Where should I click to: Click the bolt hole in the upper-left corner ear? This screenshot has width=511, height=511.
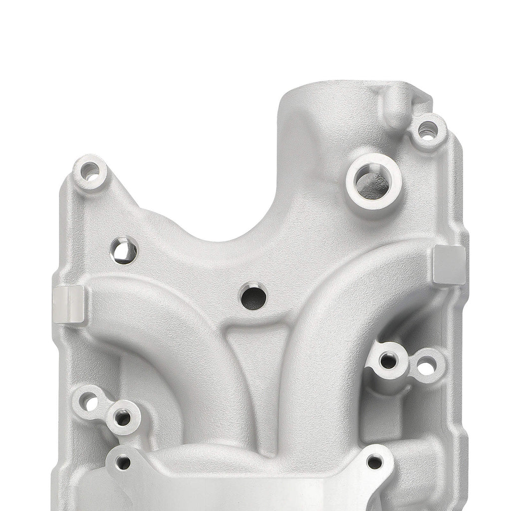(90, 172)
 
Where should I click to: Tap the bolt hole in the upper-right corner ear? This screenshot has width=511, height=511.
(427, 131)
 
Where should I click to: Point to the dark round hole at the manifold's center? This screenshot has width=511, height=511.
(254, 297)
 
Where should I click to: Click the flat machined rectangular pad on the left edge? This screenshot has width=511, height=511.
(69, 304)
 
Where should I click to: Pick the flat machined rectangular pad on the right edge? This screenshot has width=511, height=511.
(449, 265)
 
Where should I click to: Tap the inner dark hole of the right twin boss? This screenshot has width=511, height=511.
(388, 360)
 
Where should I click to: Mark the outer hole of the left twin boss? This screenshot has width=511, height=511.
(90, 401)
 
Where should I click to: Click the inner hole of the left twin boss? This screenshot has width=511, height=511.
(122, 417)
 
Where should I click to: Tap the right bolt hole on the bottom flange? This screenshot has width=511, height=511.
(374, 462)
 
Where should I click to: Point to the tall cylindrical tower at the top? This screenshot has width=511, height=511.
(319, 120)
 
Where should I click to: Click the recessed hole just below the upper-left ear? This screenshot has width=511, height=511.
(124, 251)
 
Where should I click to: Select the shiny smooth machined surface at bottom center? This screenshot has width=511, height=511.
(250, 492)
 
